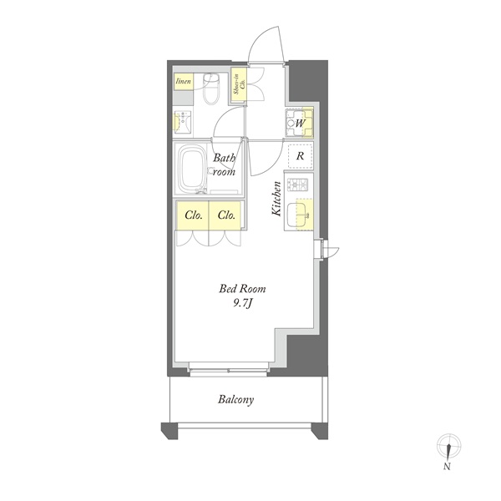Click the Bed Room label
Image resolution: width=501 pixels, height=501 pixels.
pos(242,289)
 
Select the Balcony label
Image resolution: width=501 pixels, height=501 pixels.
pos(235,400)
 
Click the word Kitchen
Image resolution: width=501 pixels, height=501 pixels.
pos(276,199)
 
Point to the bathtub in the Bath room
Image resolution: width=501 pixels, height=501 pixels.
pos(192,169)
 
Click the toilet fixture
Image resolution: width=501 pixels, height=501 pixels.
pos(211,89)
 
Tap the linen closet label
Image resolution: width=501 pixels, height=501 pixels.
pos(184,81)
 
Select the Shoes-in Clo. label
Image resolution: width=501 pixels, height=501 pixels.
pos(239,84)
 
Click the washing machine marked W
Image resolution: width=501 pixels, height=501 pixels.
pos(299,123)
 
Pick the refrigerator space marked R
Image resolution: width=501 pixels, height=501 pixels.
pos(301,156)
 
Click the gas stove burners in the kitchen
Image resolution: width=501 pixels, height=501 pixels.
pos(297,185)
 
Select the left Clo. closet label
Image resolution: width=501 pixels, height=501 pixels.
pos(194,215)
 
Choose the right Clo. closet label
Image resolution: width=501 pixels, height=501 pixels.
pos(226,215)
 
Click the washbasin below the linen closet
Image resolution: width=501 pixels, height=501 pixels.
pos(182,123)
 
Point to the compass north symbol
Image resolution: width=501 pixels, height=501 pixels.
pos(449,446)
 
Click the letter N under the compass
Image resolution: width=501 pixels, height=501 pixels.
pos(447,467)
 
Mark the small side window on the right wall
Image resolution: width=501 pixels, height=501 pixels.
pos(322,249)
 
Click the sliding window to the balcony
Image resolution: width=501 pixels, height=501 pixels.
pos(228,370)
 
